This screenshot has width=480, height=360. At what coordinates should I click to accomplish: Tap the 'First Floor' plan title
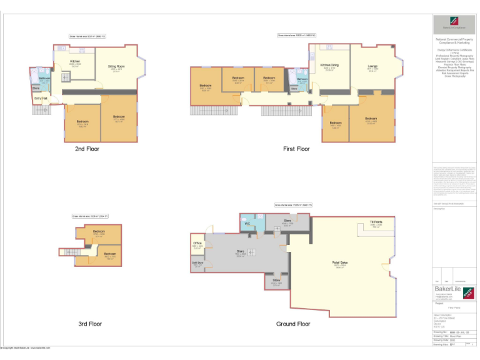(x=296, y=149)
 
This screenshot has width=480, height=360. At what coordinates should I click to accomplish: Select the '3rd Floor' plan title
(x=90, y=324)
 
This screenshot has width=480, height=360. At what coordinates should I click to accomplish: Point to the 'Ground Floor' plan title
(x=293, y=324)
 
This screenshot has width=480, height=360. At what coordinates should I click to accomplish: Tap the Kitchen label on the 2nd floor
(x=75, y=61)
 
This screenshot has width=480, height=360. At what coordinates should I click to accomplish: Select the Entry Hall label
(x=40, y=98)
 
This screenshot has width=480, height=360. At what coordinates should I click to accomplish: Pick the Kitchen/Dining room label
(x=329, y=65)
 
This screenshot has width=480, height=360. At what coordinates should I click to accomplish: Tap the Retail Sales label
(x=340, y=262)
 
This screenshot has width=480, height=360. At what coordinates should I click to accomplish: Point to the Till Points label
(x=376, y=222)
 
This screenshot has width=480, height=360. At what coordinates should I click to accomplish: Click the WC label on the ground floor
(x=247, y=223)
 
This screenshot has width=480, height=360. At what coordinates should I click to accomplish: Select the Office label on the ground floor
(x=197, y=243)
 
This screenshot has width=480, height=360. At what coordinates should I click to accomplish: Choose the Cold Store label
(x=197, y=263)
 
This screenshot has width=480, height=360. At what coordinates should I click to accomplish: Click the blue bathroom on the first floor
(x=302, y=81)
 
